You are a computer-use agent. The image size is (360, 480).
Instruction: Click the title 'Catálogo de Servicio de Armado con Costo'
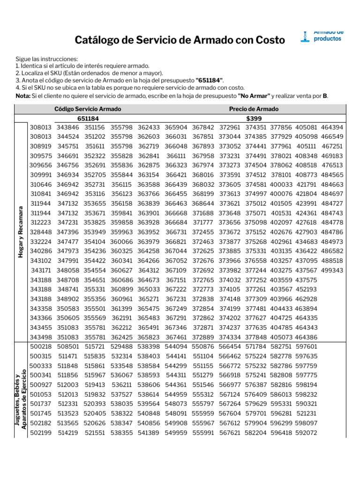[x=180, y=40]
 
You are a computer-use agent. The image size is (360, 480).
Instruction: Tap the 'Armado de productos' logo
[x=323, y=36]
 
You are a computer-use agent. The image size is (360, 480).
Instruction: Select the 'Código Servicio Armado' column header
[x=88, y=109]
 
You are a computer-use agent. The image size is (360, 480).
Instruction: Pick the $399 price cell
[x=254, y=119]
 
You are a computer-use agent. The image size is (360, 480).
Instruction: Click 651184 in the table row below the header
[x=88, y=119]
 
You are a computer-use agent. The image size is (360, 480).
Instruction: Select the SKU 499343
[x=332, y=270]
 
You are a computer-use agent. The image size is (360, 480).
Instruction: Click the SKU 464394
[x=332, y=127]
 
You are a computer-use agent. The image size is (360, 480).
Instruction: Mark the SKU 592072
[x=306, y=433]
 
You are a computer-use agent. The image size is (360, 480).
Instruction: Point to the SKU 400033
[x=281, y=184]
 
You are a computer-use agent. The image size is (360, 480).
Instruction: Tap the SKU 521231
[x=306, y=413]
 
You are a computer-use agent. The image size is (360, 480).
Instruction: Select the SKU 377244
[x=256, y=270]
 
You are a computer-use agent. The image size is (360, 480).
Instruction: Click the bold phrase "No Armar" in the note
[x=254, y=96]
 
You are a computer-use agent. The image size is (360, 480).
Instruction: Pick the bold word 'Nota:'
[x=23, y=96]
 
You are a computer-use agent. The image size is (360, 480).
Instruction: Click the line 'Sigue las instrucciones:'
[x=46, y=59]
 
